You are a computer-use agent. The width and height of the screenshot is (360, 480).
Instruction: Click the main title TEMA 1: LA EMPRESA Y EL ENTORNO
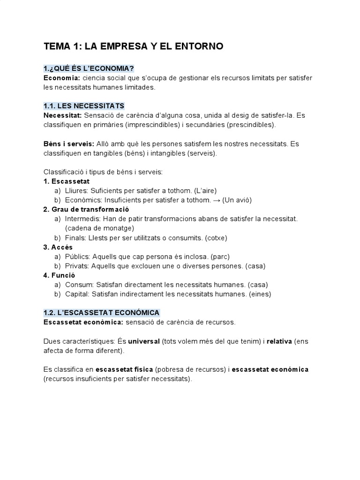click(133, 46)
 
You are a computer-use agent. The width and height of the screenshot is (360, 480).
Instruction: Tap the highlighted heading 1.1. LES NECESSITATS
click(83, 106)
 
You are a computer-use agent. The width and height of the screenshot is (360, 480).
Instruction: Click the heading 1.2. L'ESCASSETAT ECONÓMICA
click(101, 313)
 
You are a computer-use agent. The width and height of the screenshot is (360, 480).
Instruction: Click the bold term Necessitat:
click(63, 115)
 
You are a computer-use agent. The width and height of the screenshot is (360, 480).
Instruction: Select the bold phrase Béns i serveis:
click(68, 144)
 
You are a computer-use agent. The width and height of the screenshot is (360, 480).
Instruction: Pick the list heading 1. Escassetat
click(66, 181)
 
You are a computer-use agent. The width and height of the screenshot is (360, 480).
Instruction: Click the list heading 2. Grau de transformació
click(86, 209)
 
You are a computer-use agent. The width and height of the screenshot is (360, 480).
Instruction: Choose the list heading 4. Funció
click(59, 275)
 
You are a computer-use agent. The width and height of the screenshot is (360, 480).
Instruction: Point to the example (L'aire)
click(205, 190)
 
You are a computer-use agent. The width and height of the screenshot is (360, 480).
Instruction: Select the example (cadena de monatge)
click(100, 228)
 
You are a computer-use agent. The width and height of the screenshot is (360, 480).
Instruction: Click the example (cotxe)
click(216, 238)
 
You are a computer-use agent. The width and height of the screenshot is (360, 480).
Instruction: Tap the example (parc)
click(220, 256)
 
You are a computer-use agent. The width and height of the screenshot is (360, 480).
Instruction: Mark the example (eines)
click(261, 294)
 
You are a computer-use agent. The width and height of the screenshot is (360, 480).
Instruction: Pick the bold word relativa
click(279, 341)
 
